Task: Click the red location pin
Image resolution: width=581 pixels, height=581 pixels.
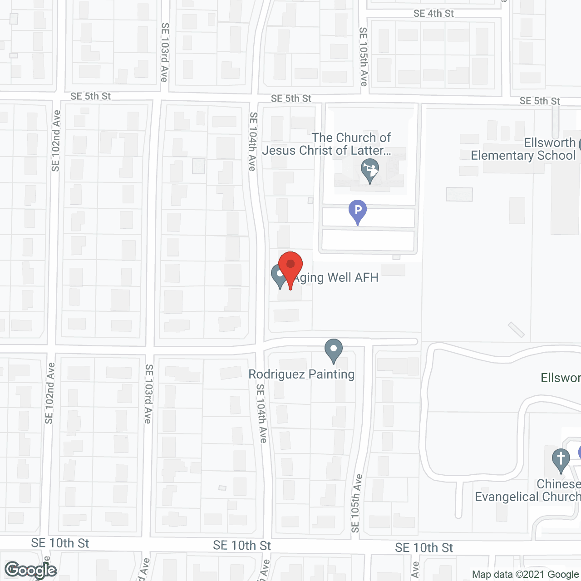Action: click(290, 268)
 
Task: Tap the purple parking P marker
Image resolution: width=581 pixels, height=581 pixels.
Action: click(358, 211)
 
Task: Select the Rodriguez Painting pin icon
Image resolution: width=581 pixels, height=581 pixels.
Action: click(334, 350)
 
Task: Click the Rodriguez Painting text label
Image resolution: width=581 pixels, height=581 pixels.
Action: click(301, 374)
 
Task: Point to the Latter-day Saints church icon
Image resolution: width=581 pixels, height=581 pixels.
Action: click(370, 170)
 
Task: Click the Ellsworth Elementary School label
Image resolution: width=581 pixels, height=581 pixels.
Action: click(523, 149)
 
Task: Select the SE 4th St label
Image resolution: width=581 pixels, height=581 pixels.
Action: click(433, 14)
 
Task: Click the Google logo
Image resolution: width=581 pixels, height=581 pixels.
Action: click(31, 570)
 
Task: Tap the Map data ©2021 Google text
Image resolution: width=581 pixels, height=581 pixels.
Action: click(525, 574)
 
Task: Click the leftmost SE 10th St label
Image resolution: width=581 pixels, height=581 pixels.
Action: click(60, 543)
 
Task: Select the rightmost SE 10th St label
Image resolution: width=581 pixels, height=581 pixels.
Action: click(424, 548)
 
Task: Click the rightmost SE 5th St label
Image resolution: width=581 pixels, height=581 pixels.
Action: click(540, 101)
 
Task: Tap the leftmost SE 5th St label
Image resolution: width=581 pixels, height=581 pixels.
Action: click(90, 96)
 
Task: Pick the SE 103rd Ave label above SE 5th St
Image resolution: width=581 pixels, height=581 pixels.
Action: click(164, 52)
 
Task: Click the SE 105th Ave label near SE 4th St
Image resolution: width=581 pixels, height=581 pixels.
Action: click(363, 57)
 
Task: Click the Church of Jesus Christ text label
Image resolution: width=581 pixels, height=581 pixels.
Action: click(327, 144)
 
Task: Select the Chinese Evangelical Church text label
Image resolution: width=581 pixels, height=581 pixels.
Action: click(528, 491)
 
